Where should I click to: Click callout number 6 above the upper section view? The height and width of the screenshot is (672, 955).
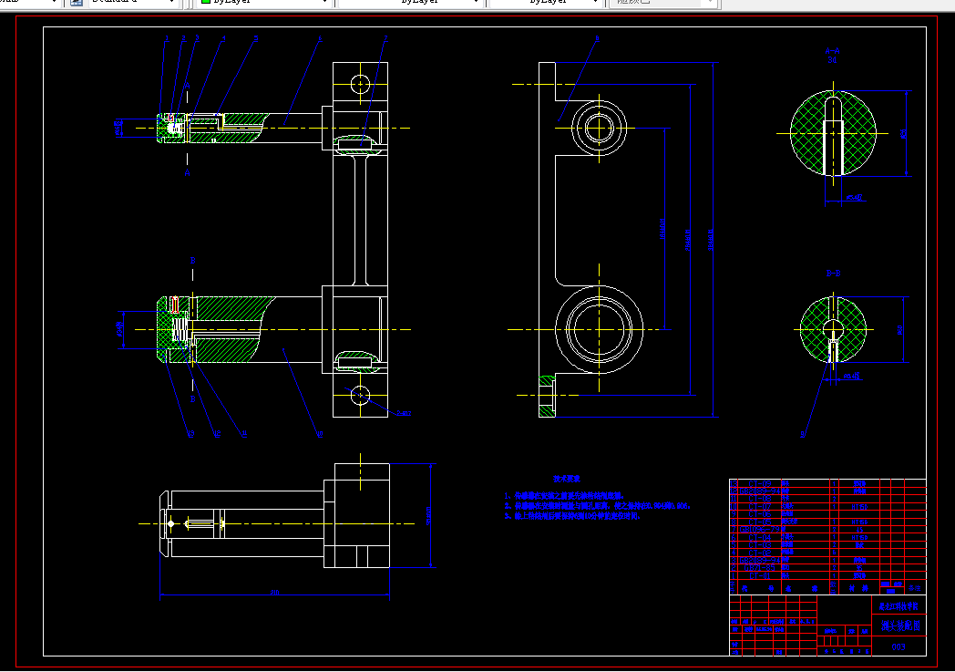(x=320, y=38)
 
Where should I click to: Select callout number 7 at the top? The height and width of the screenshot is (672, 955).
(x=385, y=38)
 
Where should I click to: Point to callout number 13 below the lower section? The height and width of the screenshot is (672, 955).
(x=190, y=433)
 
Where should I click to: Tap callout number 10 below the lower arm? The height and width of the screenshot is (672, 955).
(x=319, y=434)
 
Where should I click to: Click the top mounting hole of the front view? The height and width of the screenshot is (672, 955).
(x=361, y=84)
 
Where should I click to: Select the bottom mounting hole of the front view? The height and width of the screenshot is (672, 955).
(x=361, y=395)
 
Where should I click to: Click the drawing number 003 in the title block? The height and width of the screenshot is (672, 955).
(x=899, y=646)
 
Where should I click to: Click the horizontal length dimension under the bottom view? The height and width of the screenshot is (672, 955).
(x=273, y=593)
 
